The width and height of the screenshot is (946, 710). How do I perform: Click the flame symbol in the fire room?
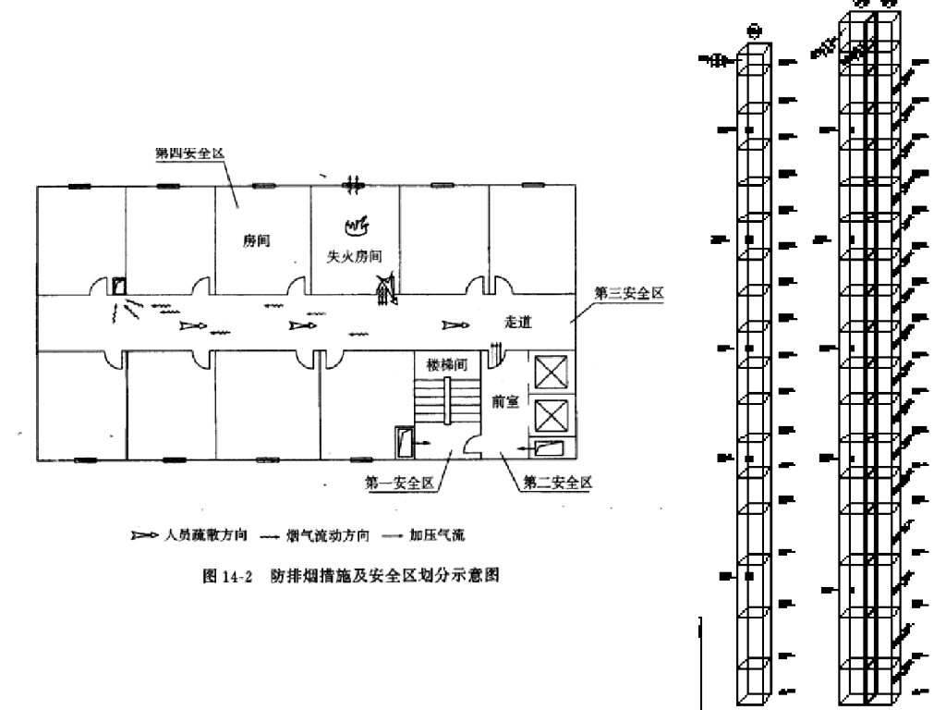tap(355, 225)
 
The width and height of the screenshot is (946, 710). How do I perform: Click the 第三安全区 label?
tap(628, 293)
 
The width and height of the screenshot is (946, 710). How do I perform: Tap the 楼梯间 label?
tap(446, 363)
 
